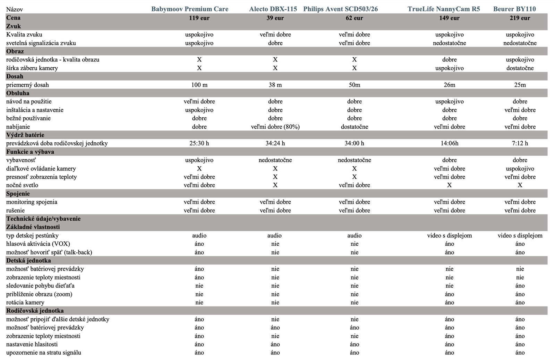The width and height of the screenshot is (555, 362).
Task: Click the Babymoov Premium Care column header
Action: pyautogui.click(x=190, y=9)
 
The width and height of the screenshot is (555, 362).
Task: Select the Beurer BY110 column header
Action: pyautogui.click(x=514, y=9)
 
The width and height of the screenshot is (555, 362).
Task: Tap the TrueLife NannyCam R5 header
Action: pyautogui.click(x=444, y=9)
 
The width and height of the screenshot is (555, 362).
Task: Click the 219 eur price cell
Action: pyautogui.click(x=520, y=18)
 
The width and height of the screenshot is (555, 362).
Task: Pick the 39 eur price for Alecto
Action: pyautogui.click(x=275, y=18)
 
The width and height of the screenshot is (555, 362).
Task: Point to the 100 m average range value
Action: pyautogui.click(x=199, y=85)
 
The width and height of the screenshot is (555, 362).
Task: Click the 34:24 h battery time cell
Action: pyautogui.click(x=275, y=143)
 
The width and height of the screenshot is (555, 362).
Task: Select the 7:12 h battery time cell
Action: pyautogui.click(x=520, y=143)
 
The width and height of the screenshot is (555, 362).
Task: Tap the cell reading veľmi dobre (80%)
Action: pyautogui.click(x=275, y=127)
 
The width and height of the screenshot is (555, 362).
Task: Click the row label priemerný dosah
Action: pyautogui.click(x=27, y=85)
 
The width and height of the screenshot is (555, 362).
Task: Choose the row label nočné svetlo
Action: pyautogui.click(x=22, y=185)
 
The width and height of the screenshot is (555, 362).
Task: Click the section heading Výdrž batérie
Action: pyautogui.click(x=25, y=135)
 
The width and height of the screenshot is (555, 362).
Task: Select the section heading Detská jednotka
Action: pyautogui.click(x=28, y=261)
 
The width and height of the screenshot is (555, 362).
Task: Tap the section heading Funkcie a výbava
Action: pyautogui.click(x=30, y=152)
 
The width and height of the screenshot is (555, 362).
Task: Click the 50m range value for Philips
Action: pyautogui.click(x=354, y=85)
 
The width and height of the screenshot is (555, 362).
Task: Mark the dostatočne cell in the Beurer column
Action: pyautogui.click(x=520, y=68)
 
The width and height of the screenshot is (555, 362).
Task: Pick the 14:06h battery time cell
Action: pyautogui.click(x=449, y=143)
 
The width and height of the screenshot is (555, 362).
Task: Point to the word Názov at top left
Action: pyautogui.click(x=15, y=10)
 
